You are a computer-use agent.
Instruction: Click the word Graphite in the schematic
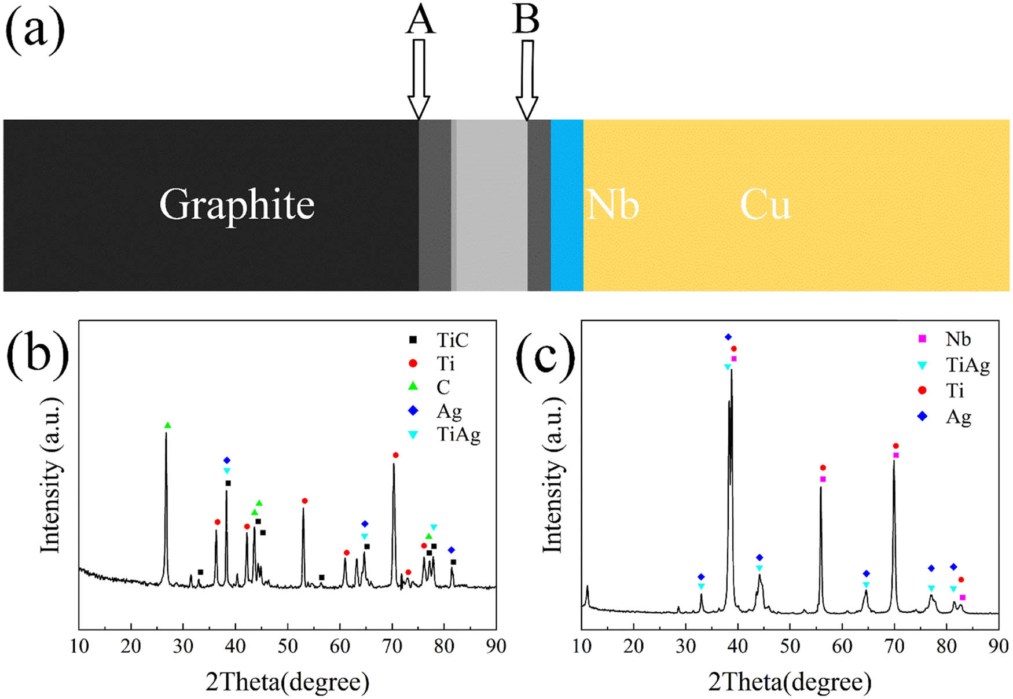pyautogui.click(x=237, y=205)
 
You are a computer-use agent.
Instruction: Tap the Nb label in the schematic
pyautogui.click(x=612, y=205)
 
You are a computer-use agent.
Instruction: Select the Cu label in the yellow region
pyautogui.click(x=765, y=205)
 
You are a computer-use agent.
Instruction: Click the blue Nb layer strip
pyautogui.click(x=567, y=205)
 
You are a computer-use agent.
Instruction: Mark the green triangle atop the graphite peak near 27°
pyautogui.click(x=168, y=425)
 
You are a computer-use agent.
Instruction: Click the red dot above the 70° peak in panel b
pyautogui.click(x=395, y=455)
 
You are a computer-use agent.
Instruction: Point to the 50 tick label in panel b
pyautogui.click(x=287, y=646)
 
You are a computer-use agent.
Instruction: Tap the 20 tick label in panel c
pyautogui.click(x=633, y=646)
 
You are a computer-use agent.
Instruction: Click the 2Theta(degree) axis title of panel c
pyautogui.click(x=790, y=683)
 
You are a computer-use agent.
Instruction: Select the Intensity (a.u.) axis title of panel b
pyautogui.click(x=51, y=474)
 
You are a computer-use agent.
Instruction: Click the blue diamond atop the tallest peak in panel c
pyautogui.click(x=728, y=337)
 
